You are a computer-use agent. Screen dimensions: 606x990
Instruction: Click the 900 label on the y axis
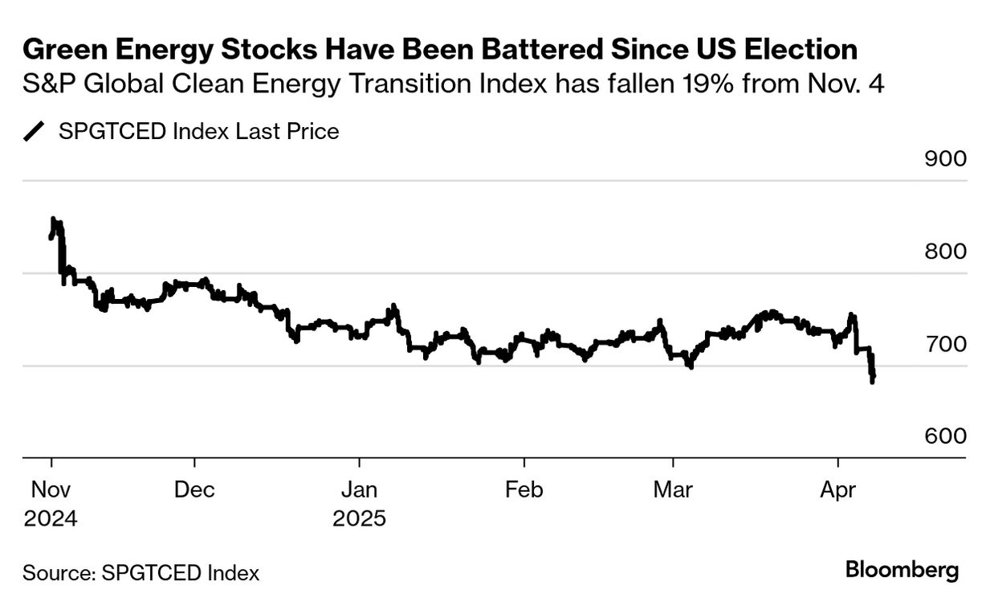[x=945, y=158]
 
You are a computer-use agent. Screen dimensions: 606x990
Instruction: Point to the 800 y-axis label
[x=945, y=252]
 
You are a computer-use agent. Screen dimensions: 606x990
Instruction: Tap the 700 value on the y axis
[x=945, y=344]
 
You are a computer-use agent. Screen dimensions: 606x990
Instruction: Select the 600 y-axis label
[x=945, y=436]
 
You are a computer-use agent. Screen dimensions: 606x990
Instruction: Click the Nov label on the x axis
[x=51, y=489]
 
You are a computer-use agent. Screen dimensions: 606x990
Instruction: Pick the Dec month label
[x=194, y=489]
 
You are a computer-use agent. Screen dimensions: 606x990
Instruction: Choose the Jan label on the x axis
[x=359, y=489]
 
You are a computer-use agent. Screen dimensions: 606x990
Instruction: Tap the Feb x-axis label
[x=524, y=489]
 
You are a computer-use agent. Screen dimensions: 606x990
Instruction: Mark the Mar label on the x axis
[x=673, y=489]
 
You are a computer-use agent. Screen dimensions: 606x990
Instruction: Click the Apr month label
[x=837, y=489]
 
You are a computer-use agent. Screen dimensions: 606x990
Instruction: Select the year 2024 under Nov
[x=51, y=518]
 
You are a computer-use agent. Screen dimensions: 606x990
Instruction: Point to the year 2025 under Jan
[x=359, y=518]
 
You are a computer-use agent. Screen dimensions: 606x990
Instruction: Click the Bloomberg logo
[x=902, y=571]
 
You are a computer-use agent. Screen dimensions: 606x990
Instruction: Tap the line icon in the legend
[x=35, y=131]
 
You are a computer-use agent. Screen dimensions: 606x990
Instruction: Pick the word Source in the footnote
[x=56, y=573]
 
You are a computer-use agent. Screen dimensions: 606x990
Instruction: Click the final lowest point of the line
[x=872, y=381]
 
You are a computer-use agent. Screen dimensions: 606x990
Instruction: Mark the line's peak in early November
[x=53, y=219]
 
